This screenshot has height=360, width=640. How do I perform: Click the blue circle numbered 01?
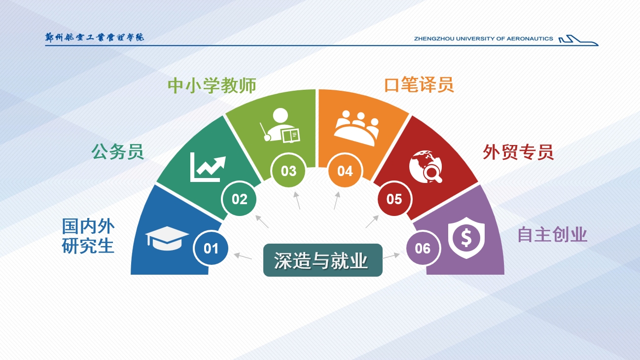click(211, 248)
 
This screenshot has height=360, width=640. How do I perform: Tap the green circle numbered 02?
click(239, 199)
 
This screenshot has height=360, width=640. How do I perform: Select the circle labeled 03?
click(288, 171)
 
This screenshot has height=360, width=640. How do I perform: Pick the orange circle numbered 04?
click(345, 171)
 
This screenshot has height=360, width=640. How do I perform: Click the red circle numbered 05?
click(394, 199)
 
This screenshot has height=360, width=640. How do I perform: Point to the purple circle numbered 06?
click(423, 248)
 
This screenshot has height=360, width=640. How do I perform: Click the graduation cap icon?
click(167, 238)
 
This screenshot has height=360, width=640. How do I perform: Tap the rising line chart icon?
click(208, 167)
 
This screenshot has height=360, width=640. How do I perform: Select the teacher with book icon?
click(280, 125)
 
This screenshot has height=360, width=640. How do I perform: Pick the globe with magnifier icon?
click(426, 166)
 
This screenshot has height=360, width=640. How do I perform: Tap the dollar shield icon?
click(466, 238)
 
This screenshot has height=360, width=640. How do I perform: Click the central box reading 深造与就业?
click(323, 260)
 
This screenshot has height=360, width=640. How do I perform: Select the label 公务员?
click(117, 152)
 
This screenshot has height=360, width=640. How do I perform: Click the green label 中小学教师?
click(212, 85)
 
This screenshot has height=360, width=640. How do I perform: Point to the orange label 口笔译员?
click(419, 85)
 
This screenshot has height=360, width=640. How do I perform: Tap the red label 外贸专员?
click(518, 152)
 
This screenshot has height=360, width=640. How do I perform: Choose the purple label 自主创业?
click(552, 235)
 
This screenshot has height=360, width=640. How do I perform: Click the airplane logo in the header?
click(578, 40)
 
